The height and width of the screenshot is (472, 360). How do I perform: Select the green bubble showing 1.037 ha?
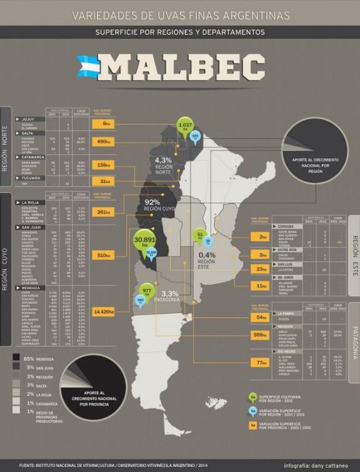[185, 125]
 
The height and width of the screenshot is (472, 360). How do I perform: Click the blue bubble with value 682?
[195, 136]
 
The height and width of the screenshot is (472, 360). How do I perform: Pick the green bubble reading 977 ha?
[147, 291]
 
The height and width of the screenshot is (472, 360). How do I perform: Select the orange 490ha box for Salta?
[104, 142]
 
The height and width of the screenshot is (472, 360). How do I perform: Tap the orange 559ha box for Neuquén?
[259, 335]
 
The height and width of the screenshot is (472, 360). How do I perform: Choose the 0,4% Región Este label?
[207, 258]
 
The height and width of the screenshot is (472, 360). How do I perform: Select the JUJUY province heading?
[27, 117]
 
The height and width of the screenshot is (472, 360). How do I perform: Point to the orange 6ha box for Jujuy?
[104, 124]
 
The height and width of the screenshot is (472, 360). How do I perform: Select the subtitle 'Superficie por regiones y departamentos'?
[179, 32]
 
